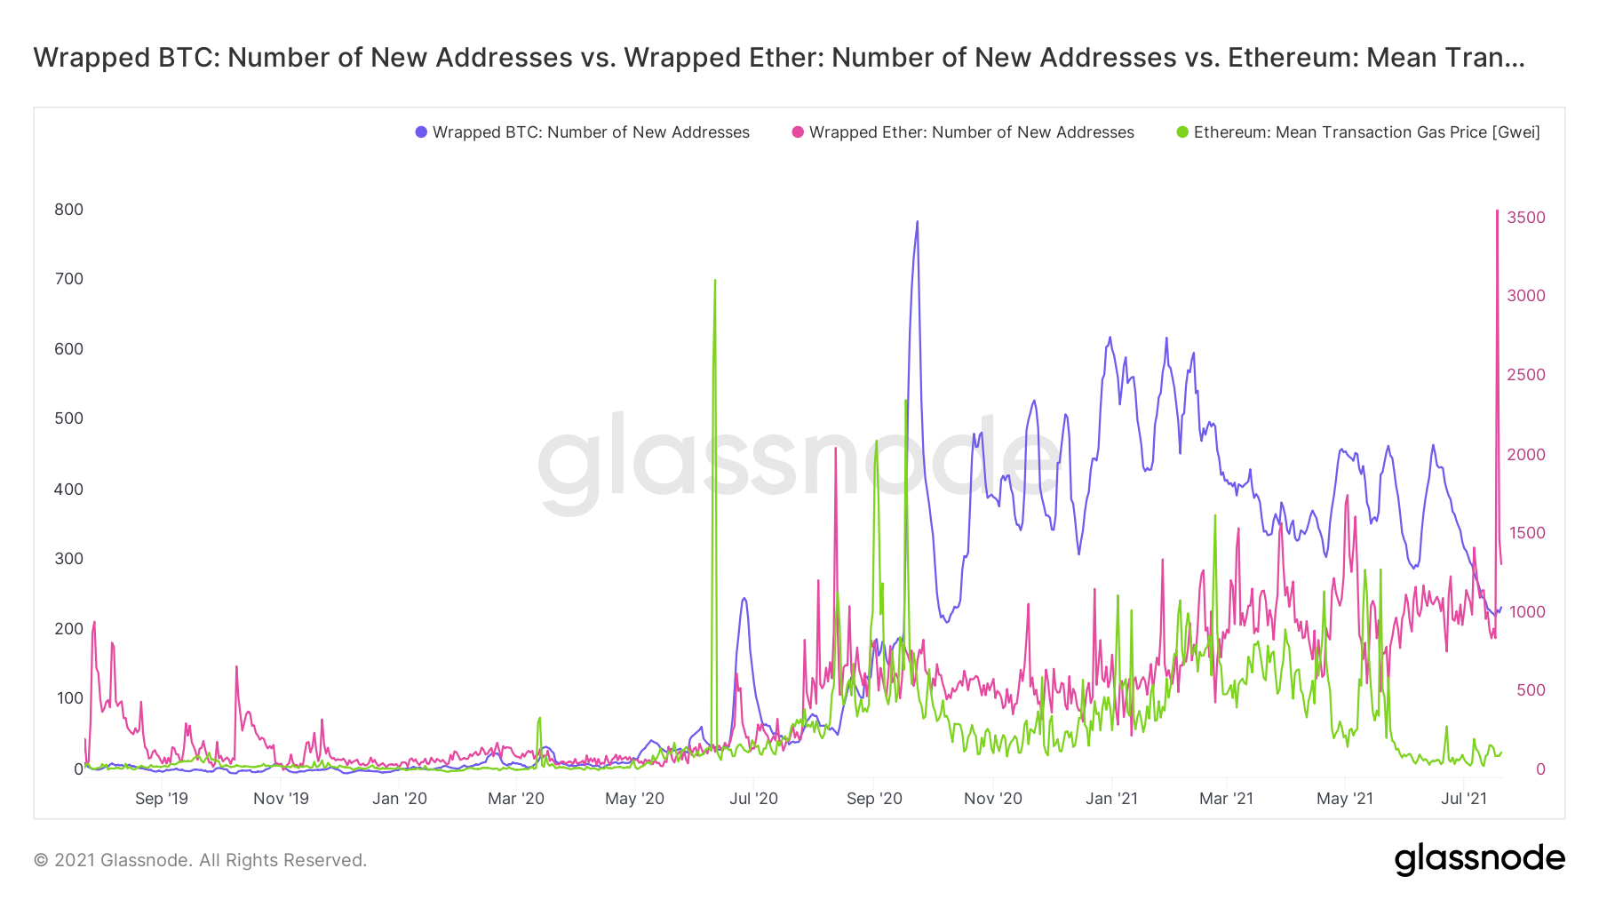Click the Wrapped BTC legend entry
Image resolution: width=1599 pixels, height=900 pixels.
(x=590, y=132)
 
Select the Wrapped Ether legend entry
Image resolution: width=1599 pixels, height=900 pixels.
(x=971, y=132)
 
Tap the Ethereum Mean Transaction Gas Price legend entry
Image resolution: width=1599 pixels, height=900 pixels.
(x=1366, y=132)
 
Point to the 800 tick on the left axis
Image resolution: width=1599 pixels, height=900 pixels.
(x=68, y=210)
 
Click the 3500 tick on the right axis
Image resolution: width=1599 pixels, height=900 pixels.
(x=1526, y=218)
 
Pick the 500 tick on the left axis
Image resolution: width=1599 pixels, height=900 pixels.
(x=68, y=418)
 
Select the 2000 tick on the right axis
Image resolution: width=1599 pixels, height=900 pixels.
(x=1526, y=455)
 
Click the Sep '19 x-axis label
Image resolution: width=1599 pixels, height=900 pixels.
(x=162, y=799)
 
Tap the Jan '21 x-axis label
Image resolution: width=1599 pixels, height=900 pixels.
(x=1111, y=799)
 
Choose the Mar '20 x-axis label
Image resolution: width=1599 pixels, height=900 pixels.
(x=516, y=799)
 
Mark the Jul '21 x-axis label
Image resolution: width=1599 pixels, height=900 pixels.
(x=1464, y=799)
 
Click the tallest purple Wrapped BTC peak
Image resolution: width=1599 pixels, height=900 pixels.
(x=918, y=222)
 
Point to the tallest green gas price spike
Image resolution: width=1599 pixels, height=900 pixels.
(x=715, y=281)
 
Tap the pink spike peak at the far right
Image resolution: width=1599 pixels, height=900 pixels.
(x=1498, y=211)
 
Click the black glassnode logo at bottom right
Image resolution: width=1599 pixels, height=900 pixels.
(x=1479, y=859)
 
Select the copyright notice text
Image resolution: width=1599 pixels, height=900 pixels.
(x=200, y=860)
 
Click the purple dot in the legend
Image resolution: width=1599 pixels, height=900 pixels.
(x=421, y=132)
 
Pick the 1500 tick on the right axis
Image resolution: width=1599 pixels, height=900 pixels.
(x=1526, y=533)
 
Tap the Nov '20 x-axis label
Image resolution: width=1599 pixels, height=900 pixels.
(x=993, y=799)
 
